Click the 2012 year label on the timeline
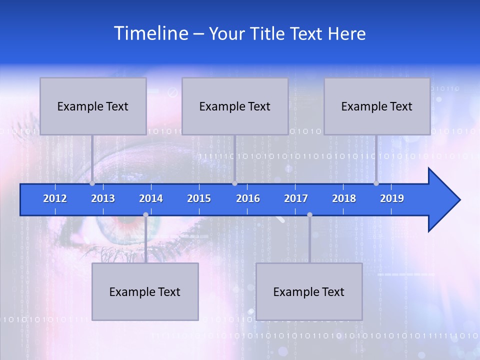55,198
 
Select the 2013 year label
103,198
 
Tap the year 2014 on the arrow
151,198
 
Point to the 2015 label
199,198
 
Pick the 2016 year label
248,198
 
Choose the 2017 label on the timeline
296,198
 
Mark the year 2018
344,198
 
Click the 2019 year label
392,198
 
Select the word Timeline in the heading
150,33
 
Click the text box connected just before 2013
93,106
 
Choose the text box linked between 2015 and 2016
235,106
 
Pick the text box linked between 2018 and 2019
377,106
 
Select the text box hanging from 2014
145,292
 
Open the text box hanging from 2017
309,292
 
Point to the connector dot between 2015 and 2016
234,183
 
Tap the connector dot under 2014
145,214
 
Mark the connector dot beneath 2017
309,214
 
